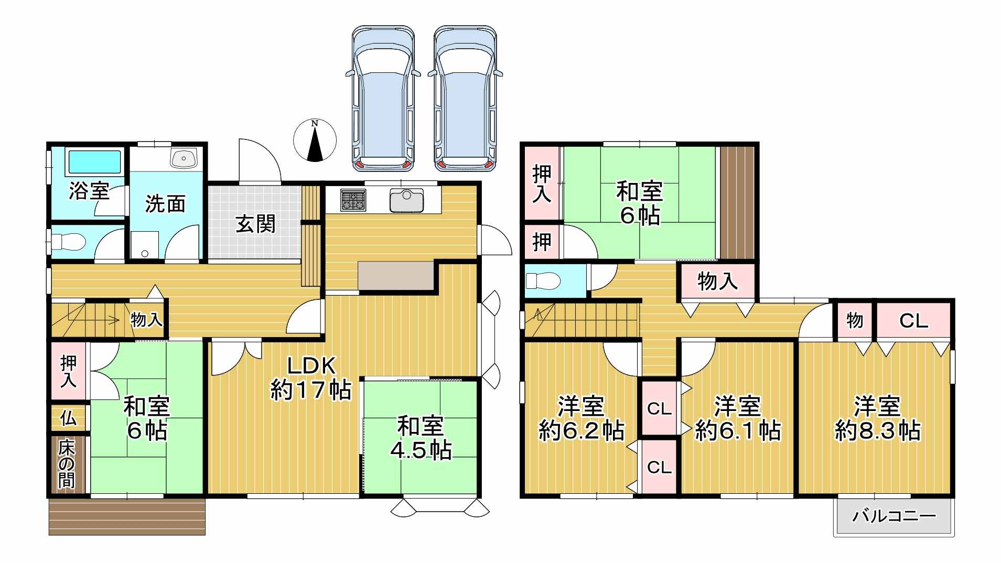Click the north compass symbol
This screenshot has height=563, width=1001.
315,140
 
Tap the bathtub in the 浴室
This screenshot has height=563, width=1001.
94,162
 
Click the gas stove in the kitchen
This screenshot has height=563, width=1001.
352,200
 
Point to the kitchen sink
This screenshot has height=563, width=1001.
406,200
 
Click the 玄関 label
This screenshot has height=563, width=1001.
255,224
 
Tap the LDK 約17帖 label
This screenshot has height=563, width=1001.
311,377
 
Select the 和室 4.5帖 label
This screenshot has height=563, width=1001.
421,438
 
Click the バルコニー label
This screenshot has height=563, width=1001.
894,516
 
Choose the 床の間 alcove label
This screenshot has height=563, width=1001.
67,464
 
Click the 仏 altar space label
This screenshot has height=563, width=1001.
68,418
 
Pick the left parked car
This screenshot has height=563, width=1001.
383,98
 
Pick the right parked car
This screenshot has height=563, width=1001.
465,98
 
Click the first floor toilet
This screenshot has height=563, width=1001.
68,242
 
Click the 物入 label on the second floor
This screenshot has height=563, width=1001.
717,281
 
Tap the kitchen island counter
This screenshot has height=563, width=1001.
397,275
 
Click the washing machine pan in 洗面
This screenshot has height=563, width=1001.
145,245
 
